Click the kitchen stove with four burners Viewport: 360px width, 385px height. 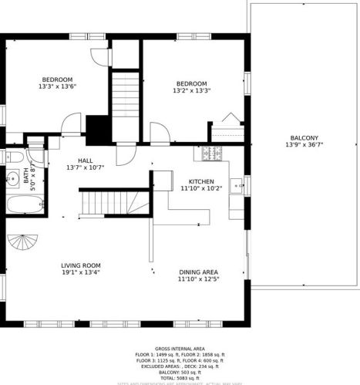click(212, 154)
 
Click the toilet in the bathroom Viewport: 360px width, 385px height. click(13, 157)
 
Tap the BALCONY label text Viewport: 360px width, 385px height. click(302, 137)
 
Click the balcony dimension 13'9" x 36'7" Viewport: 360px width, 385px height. click(302, 145)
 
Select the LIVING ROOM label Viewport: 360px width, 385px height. click(80, 265)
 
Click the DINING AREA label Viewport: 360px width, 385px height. click(198, 272)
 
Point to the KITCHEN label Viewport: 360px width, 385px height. click(201, 181)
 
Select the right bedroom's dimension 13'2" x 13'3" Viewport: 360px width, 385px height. click(191, 91)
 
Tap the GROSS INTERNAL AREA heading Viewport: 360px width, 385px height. click(179, 349)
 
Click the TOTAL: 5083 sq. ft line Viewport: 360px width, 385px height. click(179, 377)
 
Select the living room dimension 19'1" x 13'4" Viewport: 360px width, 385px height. click(80, 272)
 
